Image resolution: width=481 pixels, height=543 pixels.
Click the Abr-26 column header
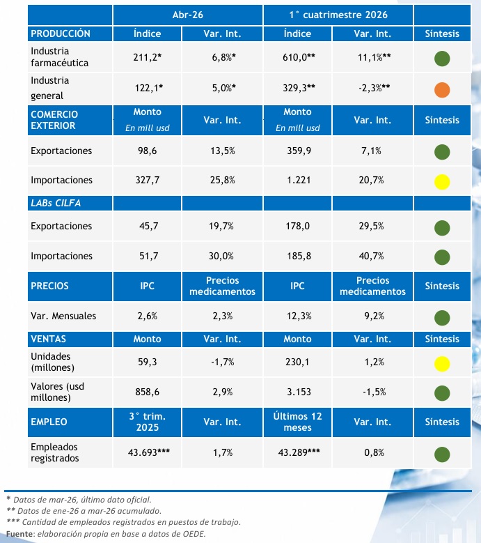[188, 15]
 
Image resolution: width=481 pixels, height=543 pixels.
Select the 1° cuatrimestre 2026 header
[338, 15]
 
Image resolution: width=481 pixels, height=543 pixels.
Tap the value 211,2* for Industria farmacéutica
[148, 57]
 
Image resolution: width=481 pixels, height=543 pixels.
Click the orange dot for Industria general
[442, 90]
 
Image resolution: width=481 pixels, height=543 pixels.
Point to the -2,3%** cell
[374, 88]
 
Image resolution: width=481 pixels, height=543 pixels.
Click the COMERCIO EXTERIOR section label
[54, 120]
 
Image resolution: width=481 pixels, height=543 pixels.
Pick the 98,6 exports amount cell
[148, 151]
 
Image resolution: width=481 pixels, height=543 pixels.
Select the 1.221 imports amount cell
[299, 180]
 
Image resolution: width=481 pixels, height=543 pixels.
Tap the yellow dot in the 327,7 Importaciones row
[442, 182]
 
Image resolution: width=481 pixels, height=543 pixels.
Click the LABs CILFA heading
[56, 203]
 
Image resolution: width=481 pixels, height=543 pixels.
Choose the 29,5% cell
[372, 226]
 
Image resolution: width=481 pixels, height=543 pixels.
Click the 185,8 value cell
[299, 257]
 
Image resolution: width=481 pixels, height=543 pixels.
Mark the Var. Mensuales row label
[63, 316]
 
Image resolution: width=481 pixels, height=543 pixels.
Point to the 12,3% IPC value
[299, 316]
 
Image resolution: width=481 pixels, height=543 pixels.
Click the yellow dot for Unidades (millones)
[442, 364]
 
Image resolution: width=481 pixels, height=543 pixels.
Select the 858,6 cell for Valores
[148, 392]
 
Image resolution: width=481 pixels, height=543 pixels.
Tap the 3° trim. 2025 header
[148, 422]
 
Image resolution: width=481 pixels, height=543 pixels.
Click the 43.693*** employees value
[149, 452]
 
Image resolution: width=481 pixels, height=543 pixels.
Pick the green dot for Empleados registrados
[442, 454]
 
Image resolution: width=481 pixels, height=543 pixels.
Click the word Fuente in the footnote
[19, 534]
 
